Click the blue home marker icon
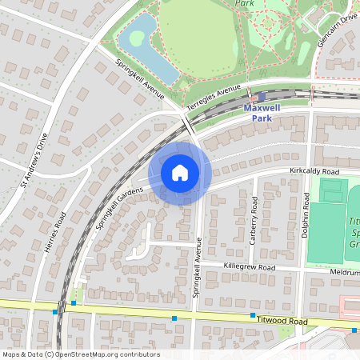pos(180,172)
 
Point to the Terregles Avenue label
pos(214,98)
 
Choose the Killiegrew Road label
pos(249,268)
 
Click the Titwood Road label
pos(284,319)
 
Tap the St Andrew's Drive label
pos(34,160)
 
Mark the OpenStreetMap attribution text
pos(81,354)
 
